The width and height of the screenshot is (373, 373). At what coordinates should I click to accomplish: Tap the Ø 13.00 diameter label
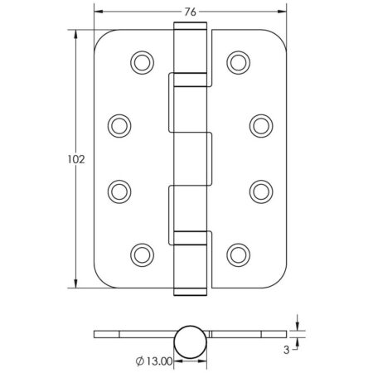click(153, 360)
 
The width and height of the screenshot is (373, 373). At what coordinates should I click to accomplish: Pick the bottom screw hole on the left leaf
click(143, 253)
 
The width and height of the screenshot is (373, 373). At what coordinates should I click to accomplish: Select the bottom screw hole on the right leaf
click(238, 253)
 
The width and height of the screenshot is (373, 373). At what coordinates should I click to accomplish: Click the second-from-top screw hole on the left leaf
click(120, 125)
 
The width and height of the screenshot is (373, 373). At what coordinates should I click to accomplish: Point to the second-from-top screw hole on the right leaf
click(260, 125)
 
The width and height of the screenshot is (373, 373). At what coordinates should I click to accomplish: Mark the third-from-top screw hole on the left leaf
click(120, 189)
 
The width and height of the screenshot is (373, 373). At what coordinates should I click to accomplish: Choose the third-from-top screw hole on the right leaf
click(260, 189)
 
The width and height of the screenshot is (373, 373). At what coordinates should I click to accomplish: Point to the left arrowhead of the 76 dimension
click(96, 13)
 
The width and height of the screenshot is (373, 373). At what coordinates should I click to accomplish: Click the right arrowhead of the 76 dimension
click(283, 13)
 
